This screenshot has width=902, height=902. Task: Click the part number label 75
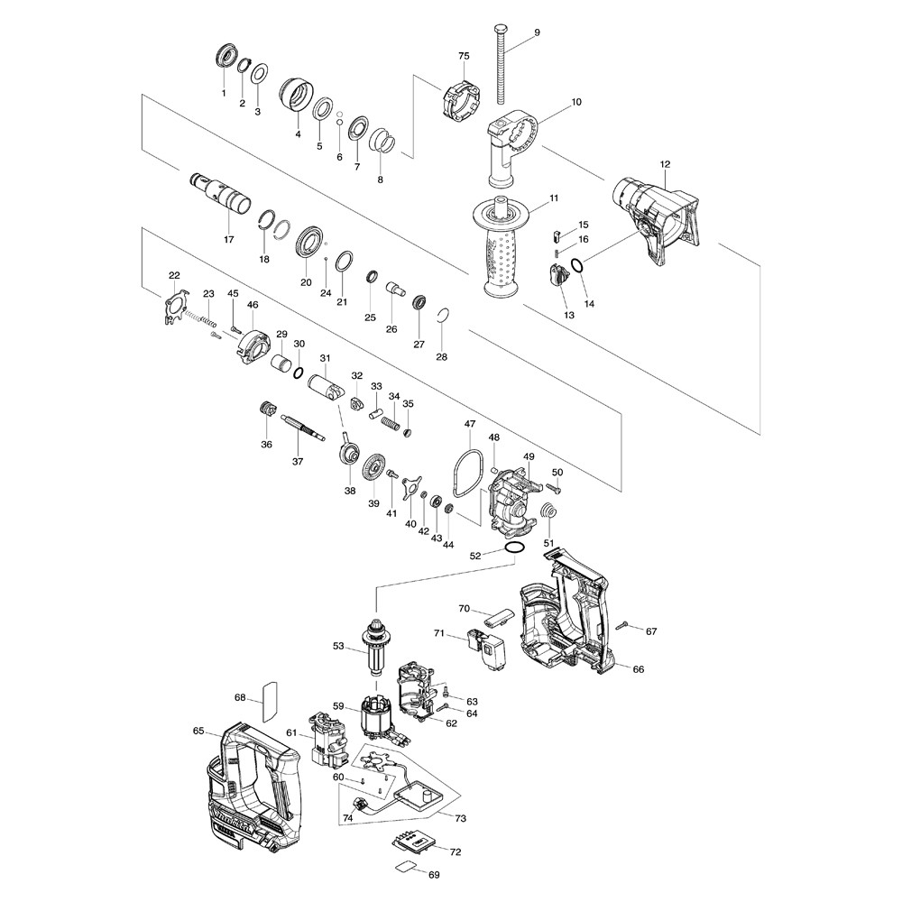[x=464, y=56]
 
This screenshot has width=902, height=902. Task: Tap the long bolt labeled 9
[x=500, y=68]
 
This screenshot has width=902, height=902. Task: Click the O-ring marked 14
[x=577, y=266]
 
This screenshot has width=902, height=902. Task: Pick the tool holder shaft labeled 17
[x=220, y=195]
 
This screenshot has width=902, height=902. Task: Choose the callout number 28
[x=441, y=357]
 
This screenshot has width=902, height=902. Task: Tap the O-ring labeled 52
[x=514, y=548]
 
